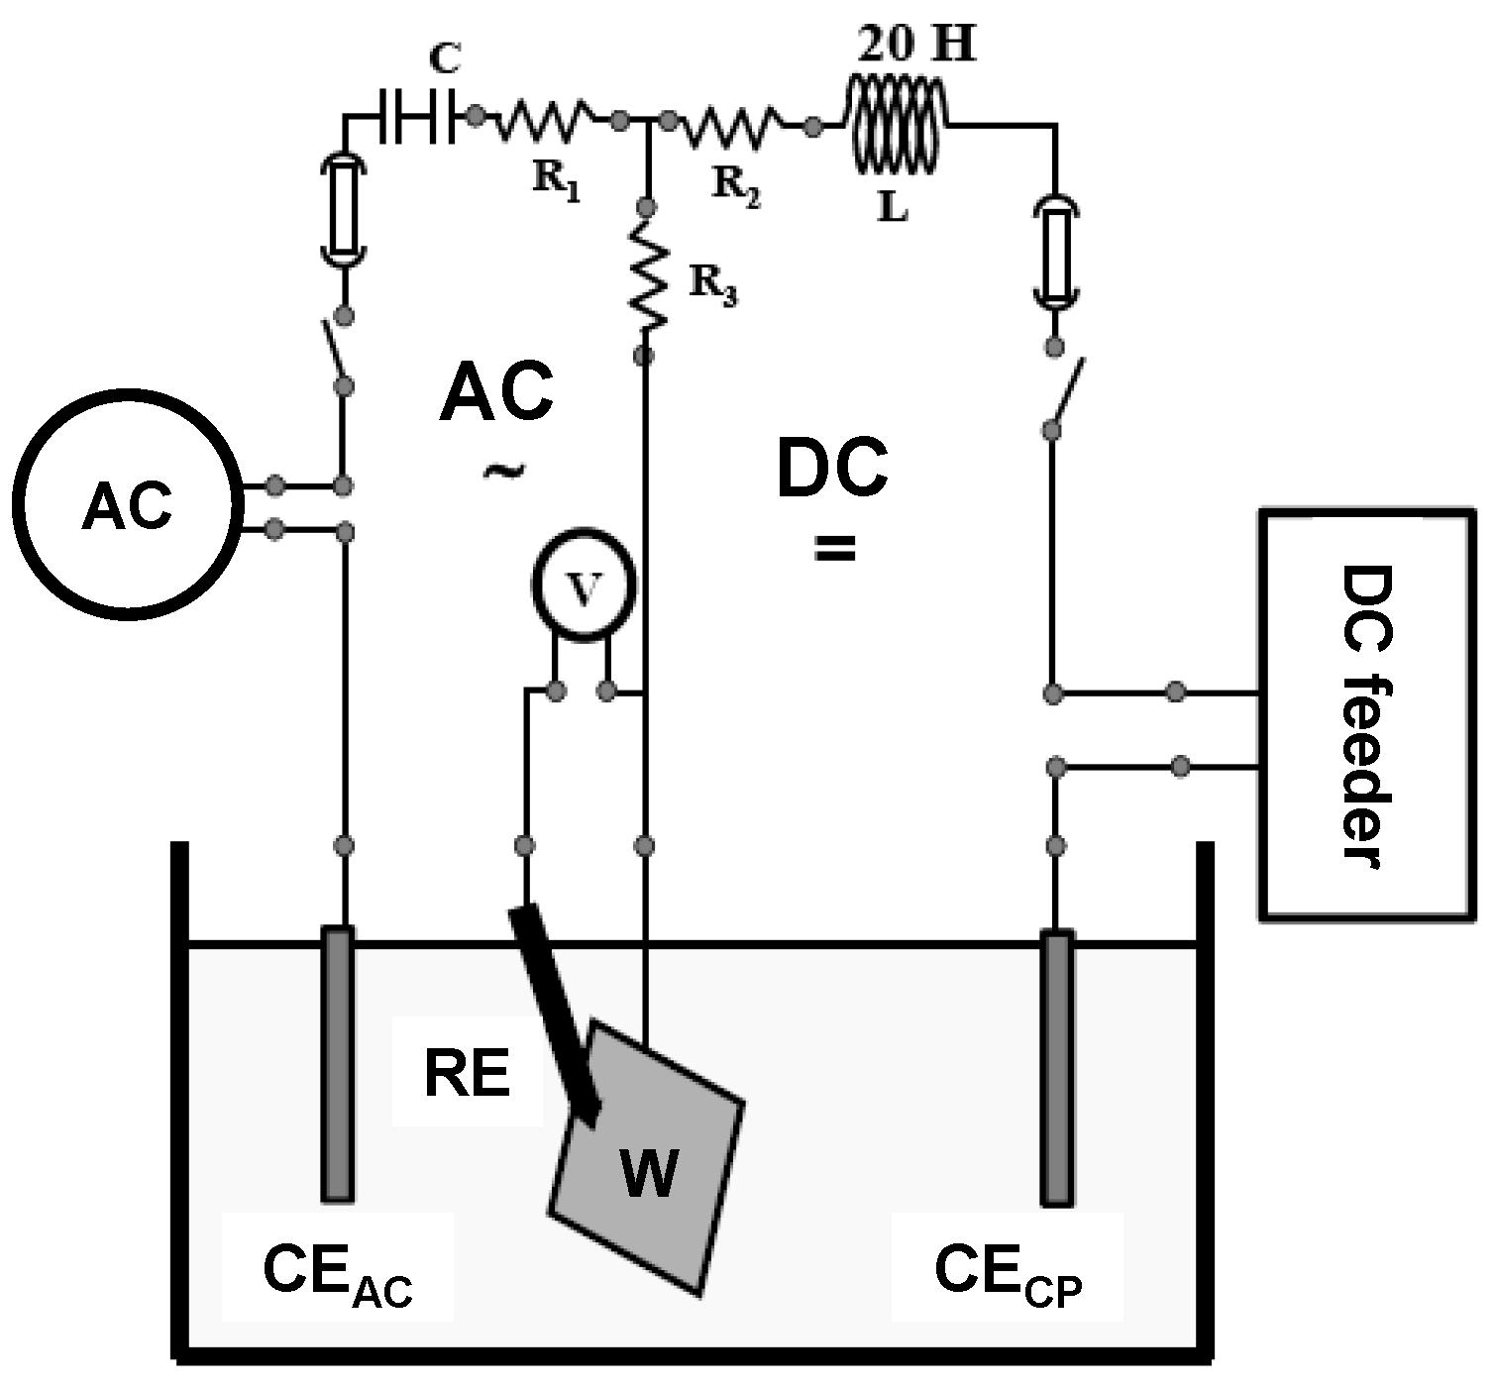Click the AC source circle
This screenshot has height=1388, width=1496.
click(127, 507)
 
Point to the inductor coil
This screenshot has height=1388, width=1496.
click(895, 124)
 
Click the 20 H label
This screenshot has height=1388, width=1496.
click(913, 45)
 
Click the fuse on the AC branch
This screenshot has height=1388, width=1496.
click(344, 208)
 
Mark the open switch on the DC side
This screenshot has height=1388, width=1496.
click(1063, 388)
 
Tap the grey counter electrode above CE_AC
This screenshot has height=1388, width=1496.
click(338, 1065)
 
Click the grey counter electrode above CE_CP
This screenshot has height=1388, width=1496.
click(1057, 1068)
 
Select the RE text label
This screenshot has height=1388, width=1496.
click(467, 1074)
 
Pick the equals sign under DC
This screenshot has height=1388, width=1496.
click(834, 548)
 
